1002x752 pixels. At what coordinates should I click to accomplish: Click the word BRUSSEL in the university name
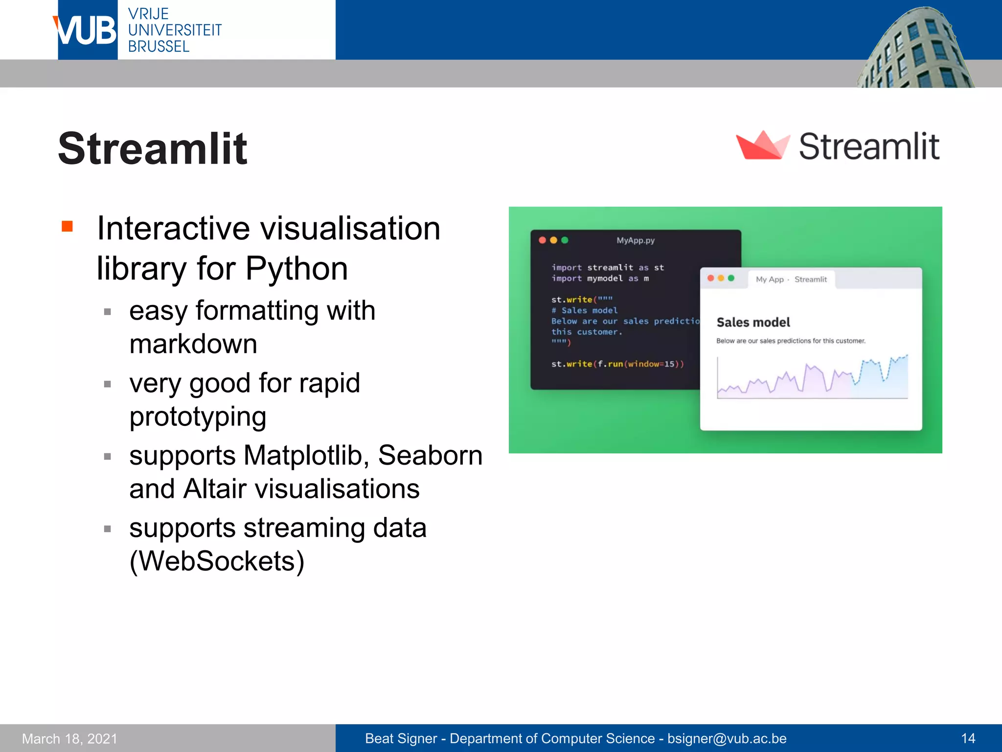(x=159, y=47)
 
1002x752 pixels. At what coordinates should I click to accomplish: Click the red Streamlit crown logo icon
(x=762, y=145)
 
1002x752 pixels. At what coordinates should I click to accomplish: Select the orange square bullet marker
(x=68, y=226)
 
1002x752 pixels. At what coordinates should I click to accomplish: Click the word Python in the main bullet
(x=296, y=269)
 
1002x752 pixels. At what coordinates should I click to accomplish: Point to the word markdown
(x=193, y=344)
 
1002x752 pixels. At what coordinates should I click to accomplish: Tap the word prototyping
(x=198, y=417)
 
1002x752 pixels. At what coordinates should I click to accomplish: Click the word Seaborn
(x=430, y=455)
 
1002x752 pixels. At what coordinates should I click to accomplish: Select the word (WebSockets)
(x=217, y=561)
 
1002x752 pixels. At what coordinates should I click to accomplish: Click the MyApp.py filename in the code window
(x=635, y=240)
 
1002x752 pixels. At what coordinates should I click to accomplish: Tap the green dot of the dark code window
(x=565, y=240)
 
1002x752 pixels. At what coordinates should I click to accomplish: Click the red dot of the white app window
(x=710, y=278)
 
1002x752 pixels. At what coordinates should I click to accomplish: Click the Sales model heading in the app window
(x=753, y=322)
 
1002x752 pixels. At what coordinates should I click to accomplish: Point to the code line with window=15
(x=617, y=364)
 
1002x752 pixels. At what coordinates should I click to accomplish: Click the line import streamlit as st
(x=607, y=267)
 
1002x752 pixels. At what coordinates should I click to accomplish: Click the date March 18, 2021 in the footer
(x=70, y=738)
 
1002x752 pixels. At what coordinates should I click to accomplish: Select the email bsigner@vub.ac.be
(x=727, y=738)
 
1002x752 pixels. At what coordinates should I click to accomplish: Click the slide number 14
(x=968, y=738)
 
